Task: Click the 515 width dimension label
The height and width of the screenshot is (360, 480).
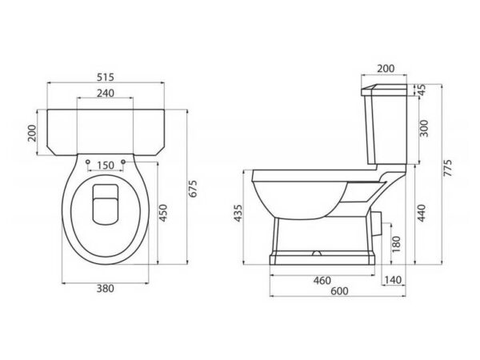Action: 106,77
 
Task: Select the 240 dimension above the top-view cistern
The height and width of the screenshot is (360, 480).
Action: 106,93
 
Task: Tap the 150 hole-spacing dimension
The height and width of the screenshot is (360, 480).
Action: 106,166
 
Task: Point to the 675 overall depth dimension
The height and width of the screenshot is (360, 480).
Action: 194,189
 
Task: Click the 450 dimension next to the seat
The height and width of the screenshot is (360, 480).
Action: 163,213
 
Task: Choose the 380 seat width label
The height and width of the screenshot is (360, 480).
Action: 106,288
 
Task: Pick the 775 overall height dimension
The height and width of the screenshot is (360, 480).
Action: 447,167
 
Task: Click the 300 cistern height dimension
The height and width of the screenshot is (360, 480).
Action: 424,129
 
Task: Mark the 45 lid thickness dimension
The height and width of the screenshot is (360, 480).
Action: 422,90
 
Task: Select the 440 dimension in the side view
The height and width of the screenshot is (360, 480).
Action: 422,213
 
